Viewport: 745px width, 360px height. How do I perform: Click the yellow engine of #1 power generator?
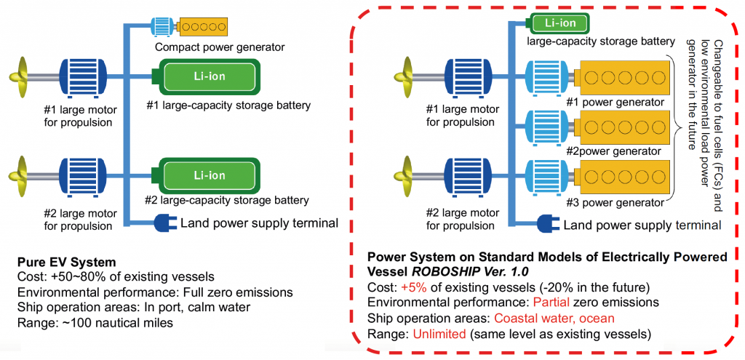622,76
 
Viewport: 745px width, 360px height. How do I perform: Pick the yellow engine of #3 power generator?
622,176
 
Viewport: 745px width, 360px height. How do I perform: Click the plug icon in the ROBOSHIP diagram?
546,223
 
